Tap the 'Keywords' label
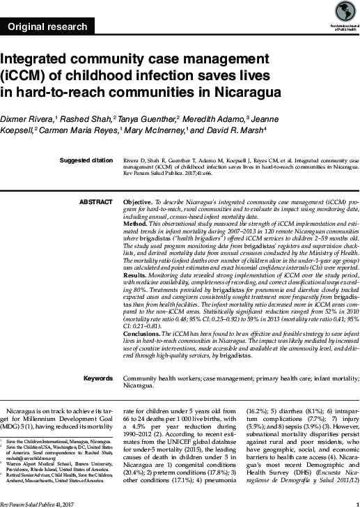(97, 378)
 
